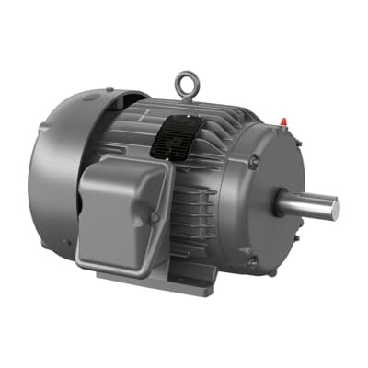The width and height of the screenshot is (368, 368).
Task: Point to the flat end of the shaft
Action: pyautogui.click(x=335, y=209)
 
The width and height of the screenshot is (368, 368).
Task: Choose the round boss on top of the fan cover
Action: pyautogui.click(x=91, y=98)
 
